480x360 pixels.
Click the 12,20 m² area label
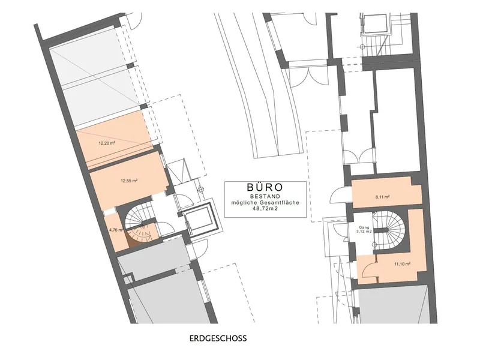click(x=107, y=143)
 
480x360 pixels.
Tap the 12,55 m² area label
click(x=129, y=181)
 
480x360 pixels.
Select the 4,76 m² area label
click(x=116, y=230)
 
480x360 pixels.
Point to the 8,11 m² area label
click(x=382, y=197)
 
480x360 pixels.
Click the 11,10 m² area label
click(x=403, y=264)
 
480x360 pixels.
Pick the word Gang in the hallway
click(x=364, y=227)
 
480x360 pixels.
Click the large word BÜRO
click(x=265, y=187)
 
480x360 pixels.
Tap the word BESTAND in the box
click(x=265, y=196)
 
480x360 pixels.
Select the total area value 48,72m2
click(x=265, y=208)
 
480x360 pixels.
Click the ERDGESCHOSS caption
click(x=218, y=338)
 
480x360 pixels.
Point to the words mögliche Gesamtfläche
click(x=265, y=202)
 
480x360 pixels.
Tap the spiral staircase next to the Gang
click(x=389, y=230)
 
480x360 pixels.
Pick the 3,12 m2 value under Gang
click(x=365, y=232)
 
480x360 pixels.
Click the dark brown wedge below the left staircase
click(x=132, y=242)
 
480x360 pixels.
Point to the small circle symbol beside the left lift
click(x=201, y=189)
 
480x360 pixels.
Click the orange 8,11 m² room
click(x=386, y=193)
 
